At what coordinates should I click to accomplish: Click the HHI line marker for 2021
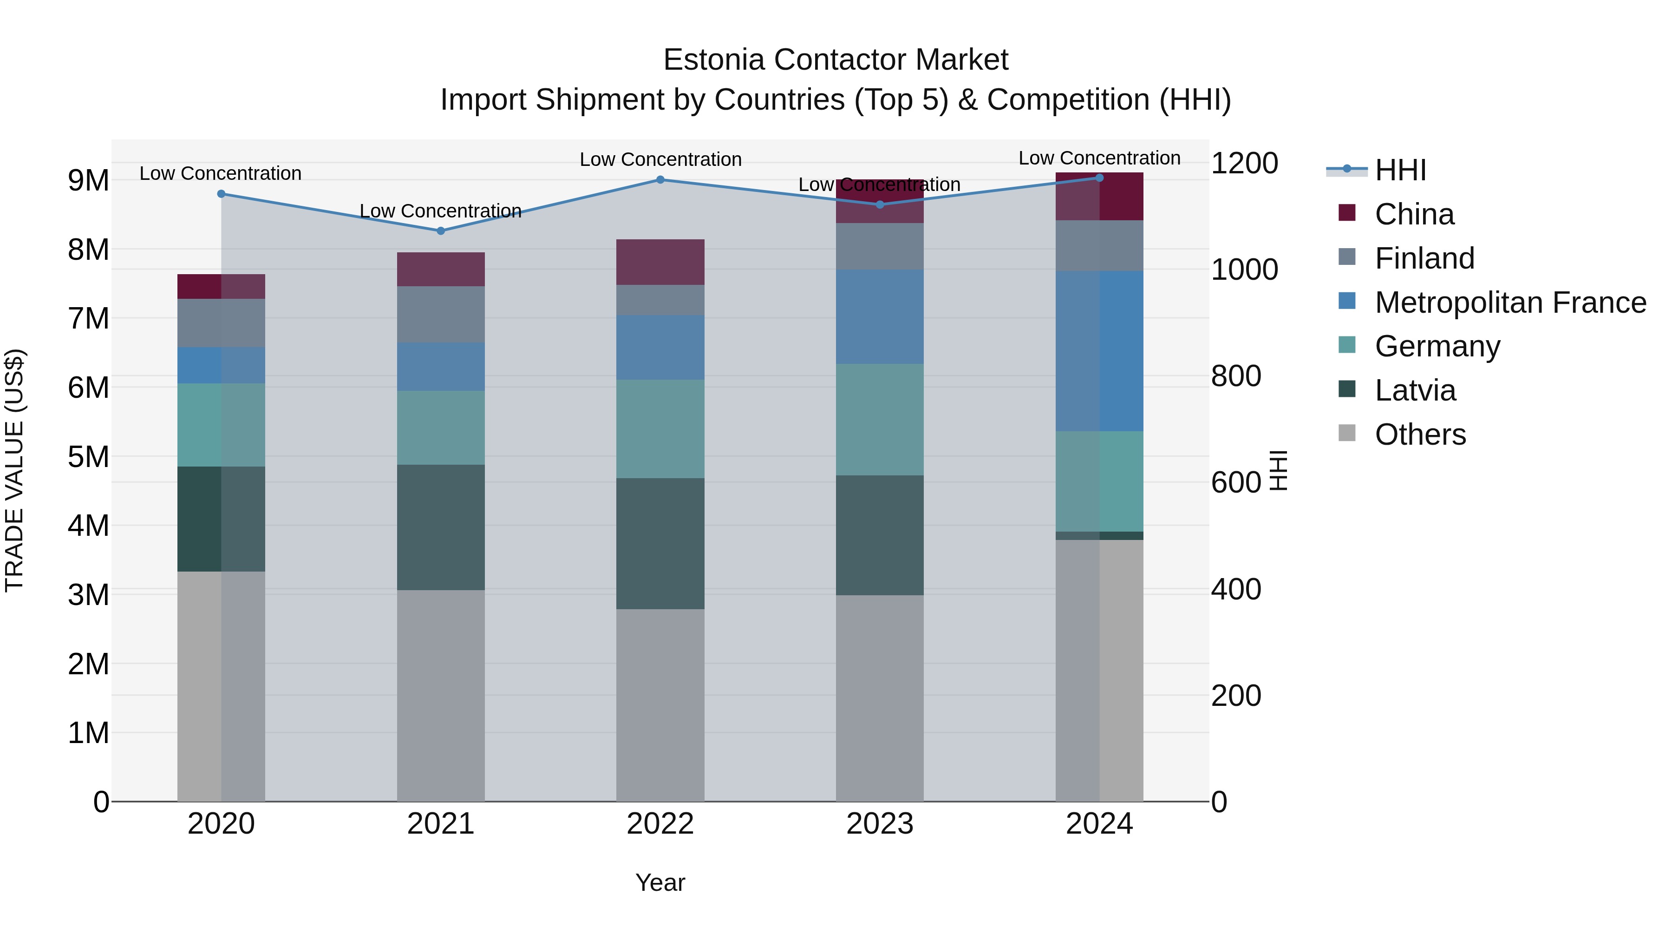(441, 230)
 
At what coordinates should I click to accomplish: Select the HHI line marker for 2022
(660, 179)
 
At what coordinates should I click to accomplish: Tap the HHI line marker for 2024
(1099, 178)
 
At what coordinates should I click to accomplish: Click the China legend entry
(1414, 214)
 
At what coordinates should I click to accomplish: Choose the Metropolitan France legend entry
(1510, 303)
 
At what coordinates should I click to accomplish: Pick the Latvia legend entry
(1415, 390)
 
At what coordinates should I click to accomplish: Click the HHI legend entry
(1400, 170)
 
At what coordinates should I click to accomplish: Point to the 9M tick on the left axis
(88, 181)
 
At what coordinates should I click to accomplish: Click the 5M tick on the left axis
(88, 456)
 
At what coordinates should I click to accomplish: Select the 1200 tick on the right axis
(1244, 163)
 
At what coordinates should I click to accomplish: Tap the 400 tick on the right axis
(1236, 589)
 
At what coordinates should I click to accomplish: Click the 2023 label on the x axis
(880, 824)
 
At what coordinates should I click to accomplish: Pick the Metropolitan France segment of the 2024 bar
(1099, 351)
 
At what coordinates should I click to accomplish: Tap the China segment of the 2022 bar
(660, 262)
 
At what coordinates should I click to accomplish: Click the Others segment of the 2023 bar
(880, 698)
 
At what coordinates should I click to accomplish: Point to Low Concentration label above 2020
(220, 173)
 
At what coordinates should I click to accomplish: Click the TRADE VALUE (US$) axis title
(14, 470)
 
